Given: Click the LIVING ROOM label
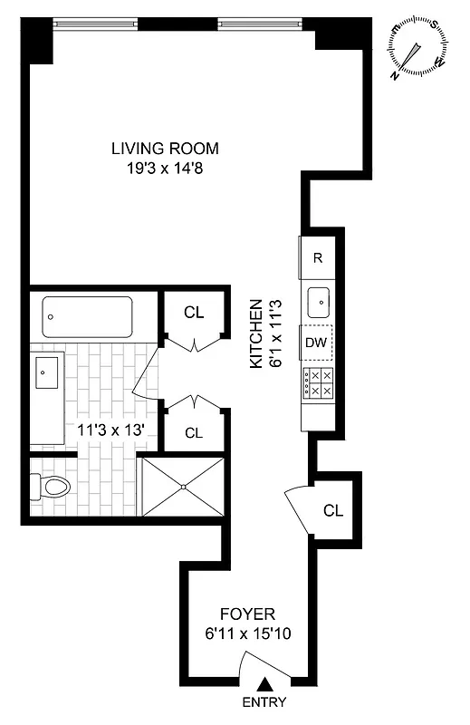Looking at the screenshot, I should (x=165, y=149).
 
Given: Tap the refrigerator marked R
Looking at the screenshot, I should (x=318, y=257).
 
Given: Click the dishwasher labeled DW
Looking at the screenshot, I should (x=316, y=343).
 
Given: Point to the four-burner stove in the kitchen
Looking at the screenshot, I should (x=318, y=383).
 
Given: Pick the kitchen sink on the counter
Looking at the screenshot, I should (x=319, y=300).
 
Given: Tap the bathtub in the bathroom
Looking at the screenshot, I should (x=87, y=318).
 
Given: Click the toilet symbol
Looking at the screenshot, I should (x=52, y=488).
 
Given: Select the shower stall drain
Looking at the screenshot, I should (x=183, y=487).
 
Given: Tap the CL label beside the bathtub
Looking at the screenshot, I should (x=194, y=313).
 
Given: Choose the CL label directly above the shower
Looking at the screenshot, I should (x=194, y=432).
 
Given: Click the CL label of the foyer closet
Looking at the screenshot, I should (x=333, y=510).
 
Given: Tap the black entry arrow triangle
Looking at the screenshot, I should (x=264, y=686).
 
